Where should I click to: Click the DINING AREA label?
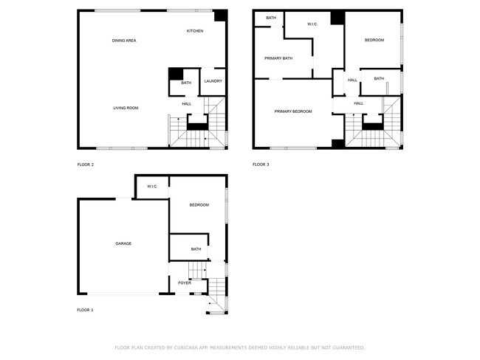124,41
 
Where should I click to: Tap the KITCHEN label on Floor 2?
195,31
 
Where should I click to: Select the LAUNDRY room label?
213,81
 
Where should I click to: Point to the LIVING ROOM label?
126,108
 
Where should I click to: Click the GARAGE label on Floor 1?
123,243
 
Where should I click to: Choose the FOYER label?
185,283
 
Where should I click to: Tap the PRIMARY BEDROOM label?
293,111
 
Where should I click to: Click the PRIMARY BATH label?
278,58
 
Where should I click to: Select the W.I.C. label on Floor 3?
312,24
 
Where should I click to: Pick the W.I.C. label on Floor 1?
152,187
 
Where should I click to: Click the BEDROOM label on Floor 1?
199,205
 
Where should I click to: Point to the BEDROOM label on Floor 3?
374,40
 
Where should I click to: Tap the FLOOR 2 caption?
86,165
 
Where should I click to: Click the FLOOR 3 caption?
261,165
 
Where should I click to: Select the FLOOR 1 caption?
86,310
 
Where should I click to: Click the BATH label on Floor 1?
196,249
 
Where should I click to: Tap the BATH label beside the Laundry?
186,83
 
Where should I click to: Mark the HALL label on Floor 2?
187,104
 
